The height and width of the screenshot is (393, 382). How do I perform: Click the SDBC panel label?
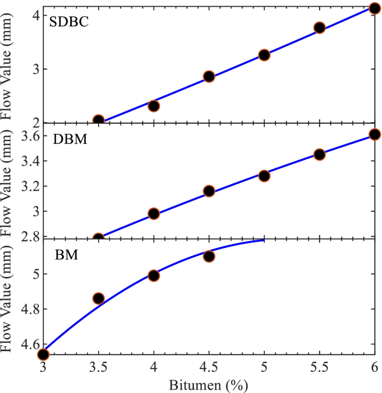click(69, 23)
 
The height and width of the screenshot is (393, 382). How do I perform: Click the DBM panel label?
click(69, 139)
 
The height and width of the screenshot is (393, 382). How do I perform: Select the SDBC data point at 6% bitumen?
click(375, 8)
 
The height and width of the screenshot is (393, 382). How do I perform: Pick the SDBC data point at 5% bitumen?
click(264, 55)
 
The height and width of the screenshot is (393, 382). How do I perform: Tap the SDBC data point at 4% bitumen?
click(154, 105)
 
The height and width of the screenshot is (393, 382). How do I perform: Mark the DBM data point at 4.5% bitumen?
click(209, 191)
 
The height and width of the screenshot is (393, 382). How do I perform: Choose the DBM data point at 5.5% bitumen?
click(320, 154)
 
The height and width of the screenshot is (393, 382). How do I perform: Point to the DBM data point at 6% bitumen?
click(375, 134)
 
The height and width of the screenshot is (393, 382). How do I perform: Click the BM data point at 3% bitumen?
click(43, 354)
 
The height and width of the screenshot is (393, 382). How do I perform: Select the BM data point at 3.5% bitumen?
click(99, 298)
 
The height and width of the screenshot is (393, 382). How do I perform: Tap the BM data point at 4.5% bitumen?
click(209, 256)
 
